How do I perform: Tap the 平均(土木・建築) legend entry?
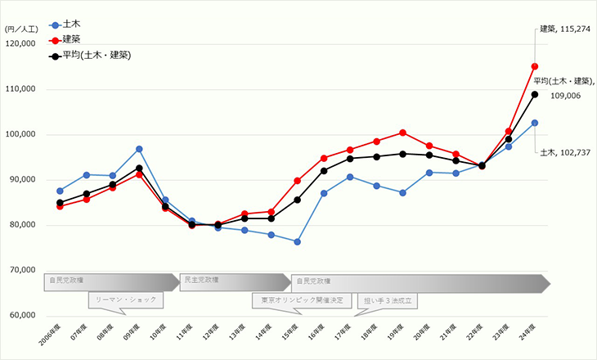tap(90, 56)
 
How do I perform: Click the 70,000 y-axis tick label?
tap(32, 270)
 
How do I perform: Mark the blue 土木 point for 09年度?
tap(139, 149)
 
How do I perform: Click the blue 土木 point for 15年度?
tap(297, 242)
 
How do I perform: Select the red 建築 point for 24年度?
tap(534, 66)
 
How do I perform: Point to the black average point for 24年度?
tap(534, 94)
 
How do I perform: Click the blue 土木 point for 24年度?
tap(534, 123)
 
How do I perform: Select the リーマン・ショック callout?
tap(125, 300)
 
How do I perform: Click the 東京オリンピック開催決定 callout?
tap(302, 300)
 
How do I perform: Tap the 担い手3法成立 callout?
tap(387, 300)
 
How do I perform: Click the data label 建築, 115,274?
tap(565, 29)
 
